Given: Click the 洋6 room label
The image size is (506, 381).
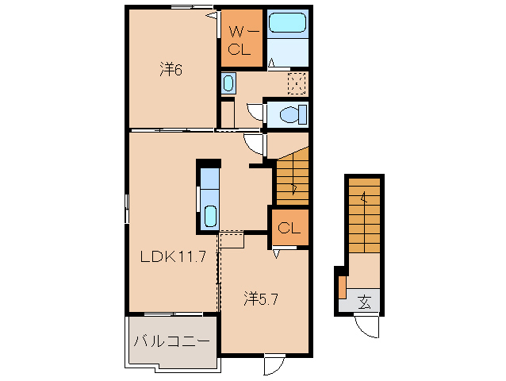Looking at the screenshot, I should tap(171, 70).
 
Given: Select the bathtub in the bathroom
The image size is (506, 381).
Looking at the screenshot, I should tap(287, 23).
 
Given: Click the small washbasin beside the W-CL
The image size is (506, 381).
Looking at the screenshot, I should tap(228, 83).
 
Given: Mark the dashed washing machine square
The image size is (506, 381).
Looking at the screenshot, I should tap(297, 83).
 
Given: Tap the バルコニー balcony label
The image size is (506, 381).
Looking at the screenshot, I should tap(171, 342).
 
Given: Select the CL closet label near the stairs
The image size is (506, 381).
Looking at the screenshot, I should tap(289, 229).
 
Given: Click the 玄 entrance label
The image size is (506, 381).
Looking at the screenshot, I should tap(364, 302).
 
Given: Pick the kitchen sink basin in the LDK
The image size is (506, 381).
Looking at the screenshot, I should tap(210, 215).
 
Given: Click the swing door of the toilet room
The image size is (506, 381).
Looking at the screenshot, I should tap(255, 112).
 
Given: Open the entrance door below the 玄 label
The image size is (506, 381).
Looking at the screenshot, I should tap(366, 325).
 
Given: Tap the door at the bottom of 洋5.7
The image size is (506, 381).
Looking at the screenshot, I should tap(274, 364).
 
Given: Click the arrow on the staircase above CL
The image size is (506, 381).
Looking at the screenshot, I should tap(294, 189).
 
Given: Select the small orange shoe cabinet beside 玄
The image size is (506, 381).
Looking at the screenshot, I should tap(342, 286).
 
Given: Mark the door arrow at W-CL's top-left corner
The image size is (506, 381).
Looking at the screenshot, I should tap(212, 15).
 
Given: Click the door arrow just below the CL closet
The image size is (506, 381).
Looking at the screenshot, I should tap(278, 254).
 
